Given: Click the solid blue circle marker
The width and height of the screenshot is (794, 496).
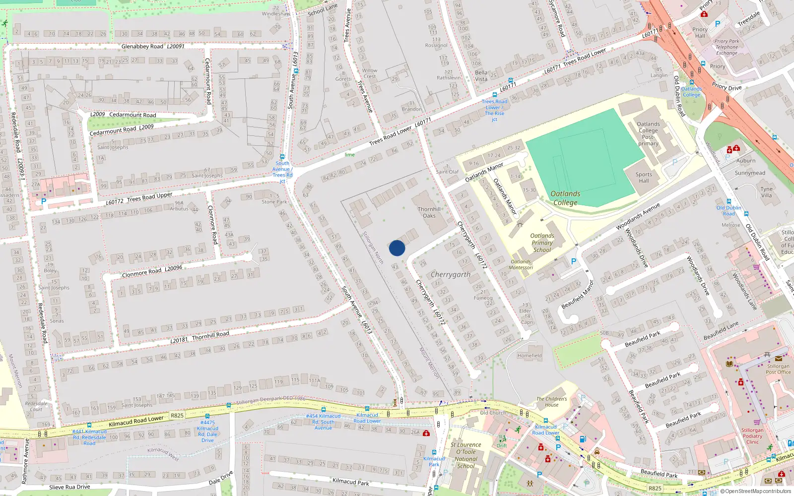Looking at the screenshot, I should [x=397, y=248].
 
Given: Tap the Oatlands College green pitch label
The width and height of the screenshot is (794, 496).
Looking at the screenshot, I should [x=565, y=198].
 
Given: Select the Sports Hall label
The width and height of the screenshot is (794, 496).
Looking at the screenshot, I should [x=644, y=178].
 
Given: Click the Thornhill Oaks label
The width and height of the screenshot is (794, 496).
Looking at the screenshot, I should [x=429, y=212].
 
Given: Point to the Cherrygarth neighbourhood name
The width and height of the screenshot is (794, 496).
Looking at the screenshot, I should [x=451, y=274].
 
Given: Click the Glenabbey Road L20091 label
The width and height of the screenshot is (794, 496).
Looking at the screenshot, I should [x=153, y=46].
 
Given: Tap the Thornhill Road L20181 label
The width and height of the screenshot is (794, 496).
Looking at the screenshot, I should [x=199, y=337].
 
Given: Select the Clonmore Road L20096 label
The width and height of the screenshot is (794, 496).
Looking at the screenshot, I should [x=152, y=271].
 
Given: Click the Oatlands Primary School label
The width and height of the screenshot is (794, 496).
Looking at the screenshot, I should [x=542, y=243].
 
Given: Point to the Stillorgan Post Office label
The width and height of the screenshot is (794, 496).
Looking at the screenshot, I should [x=778, y=369].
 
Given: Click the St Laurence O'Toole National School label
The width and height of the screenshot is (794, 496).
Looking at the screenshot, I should [x=466, y=455].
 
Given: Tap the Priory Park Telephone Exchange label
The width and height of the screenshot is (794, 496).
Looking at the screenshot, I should [x=727, y=47].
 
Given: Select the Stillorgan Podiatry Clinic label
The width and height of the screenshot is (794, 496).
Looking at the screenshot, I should [x=752, y=436].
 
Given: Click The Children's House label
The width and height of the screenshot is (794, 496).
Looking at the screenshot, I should [x=551, y=402].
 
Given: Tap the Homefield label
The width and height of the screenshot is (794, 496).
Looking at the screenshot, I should [x=529, y=356].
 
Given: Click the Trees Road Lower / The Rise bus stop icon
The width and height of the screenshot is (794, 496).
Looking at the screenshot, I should [x=494, y=95].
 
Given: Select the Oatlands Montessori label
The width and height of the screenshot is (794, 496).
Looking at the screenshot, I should [x=521, y=264].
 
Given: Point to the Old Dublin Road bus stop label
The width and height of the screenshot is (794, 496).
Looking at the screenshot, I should [x=728, y=211].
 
